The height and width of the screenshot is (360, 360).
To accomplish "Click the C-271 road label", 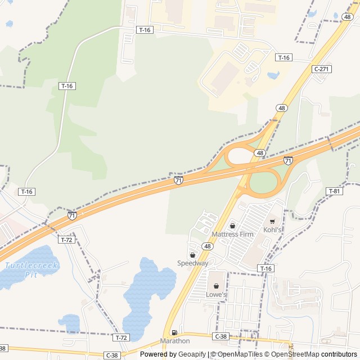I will (321, 69).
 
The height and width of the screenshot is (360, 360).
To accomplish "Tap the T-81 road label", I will (334, 191).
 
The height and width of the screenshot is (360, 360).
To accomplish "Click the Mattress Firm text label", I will (232, 234).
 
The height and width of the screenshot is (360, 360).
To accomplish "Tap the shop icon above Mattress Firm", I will (232, 226).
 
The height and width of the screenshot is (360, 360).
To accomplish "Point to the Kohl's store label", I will (273, 230).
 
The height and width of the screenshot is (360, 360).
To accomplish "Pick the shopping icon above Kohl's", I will (273, 222).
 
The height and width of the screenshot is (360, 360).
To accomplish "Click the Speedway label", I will (193, 263).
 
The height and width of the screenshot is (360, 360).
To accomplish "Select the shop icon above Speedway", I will (192, 255).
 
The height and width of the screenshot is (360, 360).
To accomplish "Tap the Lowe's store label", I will (216, 294).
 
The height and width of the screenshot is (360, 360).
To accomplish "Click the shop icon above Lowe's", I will (216, 286).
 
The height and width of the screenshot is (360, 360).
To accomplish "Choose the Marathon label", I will (175, 341).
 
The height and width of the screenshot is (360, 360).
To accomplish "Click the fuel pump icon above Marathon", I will (174, 332).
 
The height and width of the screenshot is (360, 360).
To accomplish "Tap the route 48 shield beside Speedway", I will (208, 246).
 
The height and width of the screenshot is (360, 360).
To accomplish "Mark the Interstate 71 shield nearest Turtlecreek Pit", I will (72, 215).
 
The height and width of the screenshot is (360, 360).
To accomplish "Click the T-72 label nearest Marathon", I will (120, 337).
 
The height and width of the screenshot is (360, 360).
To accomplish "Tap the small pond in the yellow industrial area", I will (273, 75).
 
